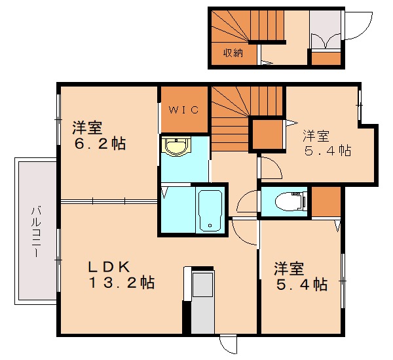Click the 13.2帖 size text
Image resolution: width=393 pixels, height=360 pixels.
[x=121, y=284]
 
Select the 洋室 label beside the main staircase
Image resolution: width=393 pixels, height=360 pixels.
[x=316, y=136]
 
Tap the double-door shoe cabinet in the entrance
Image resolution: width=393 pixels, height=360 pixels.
[x=324, y=40]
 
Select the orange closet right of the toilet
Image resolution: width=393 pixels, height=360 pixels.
[x=326, y=203]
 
